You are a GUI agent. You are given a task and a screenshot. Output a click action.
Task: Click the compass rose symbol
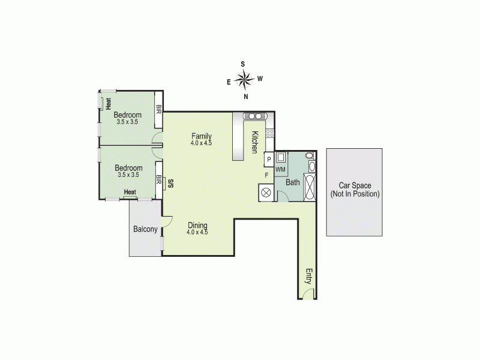(x=244, y=79)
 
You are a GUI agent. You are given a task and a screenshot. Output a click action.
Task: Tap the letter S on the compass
(x=243, y=64)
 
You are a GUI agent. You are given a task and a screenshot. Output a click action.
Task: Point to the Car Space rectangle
(x=354, y=191)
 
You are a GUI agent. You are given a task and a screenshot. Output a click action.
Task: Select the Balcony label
(x=145, y=229)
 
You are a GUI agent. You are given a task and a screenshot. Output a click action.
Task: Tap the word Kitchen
(x=254, y=142)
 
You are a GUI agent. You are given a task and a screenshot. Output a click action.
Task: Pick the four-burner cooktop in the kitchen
(x=270, y=133)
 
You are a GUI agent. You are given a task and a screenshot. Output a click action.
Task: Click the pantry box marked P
(x=269, y=159)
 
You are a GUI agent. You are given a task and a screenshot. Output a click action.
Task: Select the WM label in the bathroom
(x=280, y=170)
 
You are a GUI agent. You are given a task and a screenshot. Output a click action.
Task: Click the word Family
(x=202, y=136)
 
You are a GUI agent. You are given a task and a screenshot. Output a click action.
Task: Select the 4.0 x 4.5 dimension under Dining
(x=197, y=232)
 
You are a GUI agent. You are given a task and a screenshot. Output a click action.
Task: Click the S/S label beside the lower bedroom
(x=171, y=184)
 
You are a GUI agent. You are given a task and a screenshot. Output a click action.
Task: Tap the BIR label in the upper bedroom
(x=159, y=110)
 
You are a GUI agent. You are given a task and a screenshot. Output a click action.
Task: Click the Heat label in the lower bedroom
(x=130, y=192)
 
